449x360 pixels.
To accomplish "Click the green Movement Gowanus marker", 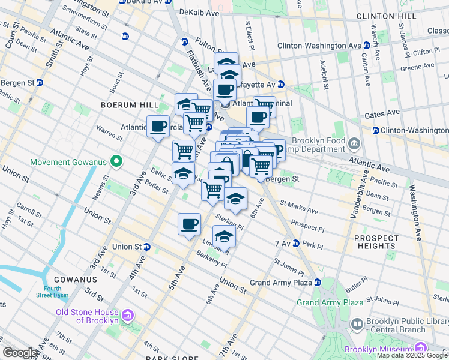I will [116, 161].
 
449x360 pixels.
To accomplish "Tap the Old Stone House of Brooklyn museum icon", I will [127, 316].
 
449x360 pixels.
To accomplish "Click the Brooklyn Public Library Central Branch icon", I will [357, 325].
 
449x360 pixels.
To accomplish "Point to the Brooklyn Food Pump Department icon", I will [354, 143].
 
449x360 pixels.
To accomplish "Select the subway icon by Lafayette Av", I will [280, 85].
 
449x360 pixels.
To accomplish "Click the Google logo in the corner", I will [20, 353].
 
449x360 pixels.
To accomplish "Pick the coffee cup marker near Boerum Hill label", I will [158, 127].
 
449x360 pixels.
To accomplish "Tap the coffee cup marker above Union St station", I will [189, 224].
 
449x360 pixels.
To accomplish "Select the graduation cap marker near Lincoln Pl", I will [224, 236].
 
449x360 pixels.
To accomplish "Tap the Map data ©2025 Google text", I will [411, 355].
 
